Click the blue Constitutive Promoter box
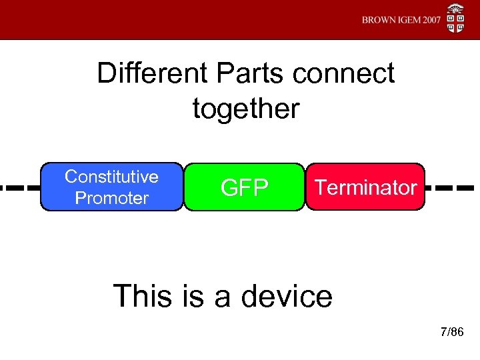(111, 187)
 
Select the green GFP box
(244, 187)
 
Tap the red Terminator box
(365, 187)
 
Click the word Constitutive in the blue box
(111, 177)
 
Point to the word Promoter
(111, 198)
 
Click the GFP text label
(244, 188)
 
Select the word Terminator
(365, 187)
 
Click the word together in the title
(246, 108)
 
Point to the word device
(285, 295)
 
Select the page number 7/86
(451, 332)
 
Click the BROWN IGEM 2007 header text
(401, 20)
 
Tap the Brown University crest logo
(456, 19)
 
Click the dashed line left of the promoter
(20, 187)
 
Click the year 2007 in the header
(427, 20)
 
